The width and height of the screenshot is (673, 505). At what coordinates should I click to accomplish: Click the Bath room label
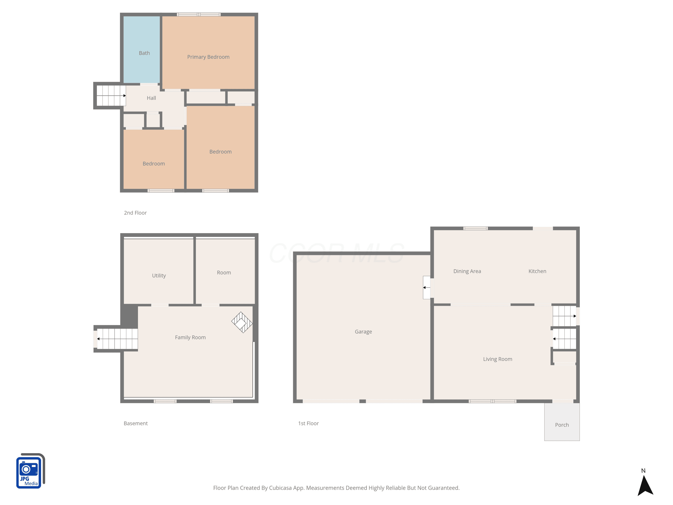[x=144, y=53]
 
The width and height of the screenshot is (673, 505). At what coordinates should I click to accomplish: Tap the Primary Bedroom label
[x=208, y=57]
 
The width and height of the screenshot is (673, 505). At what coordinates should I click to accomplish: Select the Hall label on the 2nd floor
[x=151, y=98]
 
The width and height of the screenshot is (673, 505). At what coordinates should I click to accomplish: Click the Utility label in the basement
[x=159, y=275]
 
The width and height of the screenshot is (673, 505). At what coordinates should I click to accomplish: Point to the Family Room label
[x=190, y=337]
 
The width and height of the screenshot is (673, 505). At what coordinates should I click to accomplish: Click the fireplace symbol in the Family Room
[x=242, y=322]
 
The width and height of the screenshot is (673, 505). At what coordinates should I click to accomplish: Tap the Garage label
[x=363, y=332]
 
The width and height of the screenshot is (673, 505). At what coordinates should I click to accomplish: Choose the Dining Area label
[x=467, y=271]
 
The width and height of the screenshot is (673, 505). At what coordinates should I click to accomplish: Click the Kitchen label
[x=537, y=271]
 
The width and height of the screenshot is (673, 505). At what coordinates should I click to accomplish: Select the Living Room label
[x=497, y=359]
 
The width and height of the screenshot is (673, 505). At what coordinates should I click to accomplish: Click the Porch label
[x=562, y=425]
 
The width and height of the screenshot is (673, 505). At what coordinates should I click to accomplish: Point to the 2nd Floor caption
[x=135, y=213]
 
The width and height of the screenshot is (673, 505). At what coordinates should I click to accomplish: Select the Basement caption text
[x=135, y=424]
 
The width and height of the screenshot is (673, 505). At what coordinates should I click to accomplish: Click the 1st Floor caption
[x=308, y=424]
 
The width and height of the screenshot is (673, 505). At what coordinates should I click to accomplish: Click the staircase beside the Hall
[x=111, y=96]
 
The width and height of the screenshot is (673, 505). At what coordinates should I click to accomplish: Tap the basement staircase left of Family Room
[x=117, y=339]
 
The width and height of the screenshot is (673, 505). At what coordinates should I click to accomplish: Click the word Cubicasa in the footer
[x=280, y=488]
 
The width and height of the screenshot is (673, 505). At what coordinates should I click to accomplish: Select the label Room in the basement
[x=224, y=273]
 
